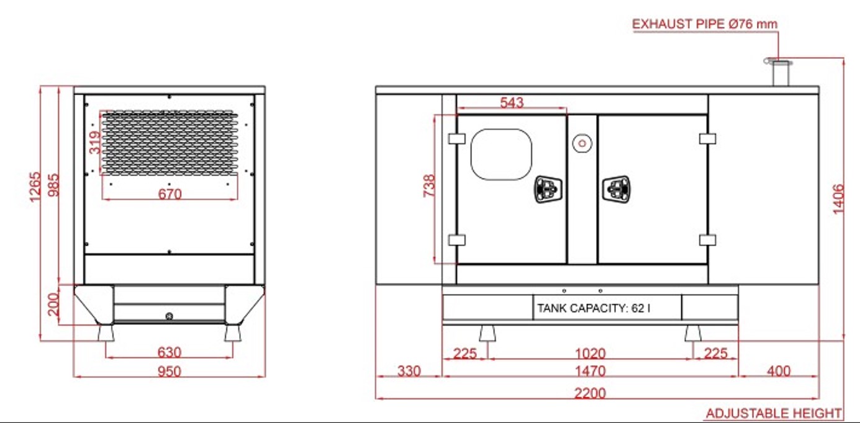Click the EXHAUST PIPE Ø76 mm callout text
(x=705, y=24)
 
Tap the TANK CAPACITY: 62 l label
(x=594, y=308)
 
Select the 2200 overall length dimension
(x=590, y=393)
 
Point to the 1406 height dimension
(x=838, y=199)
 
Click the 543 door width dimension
(x=512, y=102)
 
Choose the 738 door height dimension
(x=429, y=186)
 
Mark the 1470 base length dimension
(x=590, y=371)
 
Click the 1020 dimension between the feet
(x=590, y=353)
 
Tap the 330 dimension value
(x=409, y=371)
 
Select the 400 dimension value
(x=779, y=371)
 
